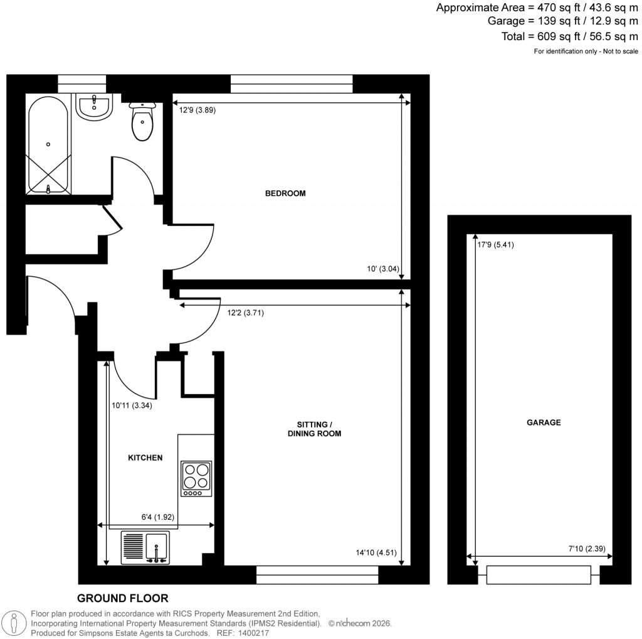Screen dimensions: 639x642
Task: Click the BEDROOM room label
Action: pos(285,193)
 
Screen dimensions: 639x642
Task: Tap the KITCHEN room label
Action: pos(145,458)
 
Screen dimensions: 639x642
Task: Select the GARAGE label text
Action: pos(543,422)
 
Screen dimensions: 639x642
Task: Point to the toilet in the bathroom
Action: pos(142,122)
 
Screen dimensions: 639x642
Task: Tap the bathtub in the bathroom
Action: pos(48,146)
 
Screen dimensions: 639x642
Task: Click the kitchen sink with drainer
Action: pos(145,547)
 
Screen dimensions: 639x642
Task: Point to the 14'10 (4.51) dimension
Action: pos(376,553)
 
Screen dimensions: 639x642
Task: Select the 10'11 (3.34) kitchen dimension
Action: pos(132,405)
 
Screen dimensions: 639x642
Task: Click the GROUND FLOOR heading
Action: pos(122,598)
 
